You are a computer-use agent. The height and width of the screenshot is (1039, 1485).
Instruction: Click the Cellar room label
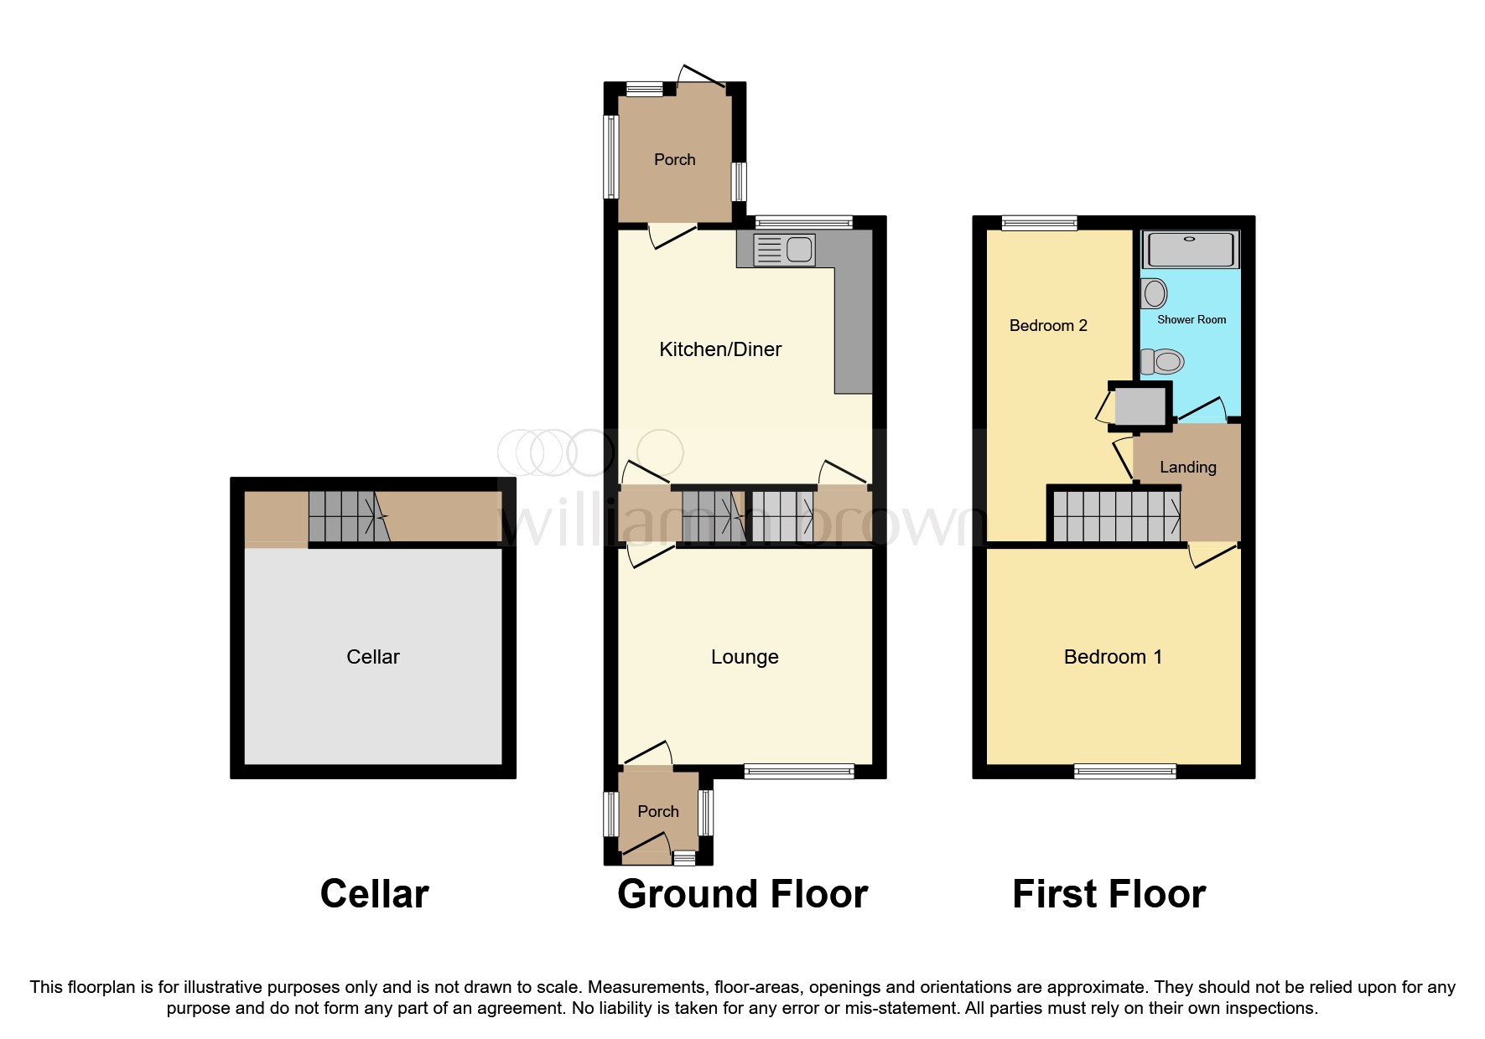click(x=373, y=657)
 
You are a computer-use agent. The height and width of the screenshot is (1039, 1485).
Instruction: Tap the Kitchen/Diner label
click(x=720, y=349)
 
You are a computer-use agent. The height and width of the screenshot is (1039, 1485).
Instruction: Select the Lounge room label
click(x=745, y=657)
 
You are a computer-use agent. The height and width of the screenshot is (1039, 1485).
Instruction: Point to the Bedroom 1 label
click(x=1113, y=657)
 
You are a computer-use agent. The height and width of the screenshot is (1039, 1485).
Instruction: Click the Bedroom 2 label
click(x=1048, y=326)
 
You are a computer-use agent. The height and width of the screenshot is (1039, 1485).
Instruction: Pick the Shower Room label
click(x=1192, y=320)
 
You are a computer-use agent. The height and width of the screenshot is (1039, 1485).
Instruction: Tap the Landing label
click(x=1187, y=468)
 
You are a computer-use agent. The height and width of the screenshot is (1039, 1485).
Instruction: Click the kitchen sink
click(x=785, y=250)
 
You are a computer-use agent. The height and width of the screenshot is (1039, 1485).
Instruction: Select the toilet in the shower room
click(x=1163, y=362)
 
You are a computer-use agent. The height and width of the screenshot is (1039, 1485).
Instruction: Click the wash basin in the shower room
click(x=1155, y=294)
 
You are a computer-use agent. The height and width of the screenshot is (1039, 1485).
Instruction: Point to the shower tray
click(x=1191, y=249)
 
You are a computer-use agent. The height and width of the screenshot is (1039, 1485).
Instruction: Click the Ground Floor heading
click(x=742, y=894)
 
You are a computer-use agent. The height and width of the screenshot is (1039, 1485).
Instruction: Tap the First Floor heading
click(x=1109, y=894)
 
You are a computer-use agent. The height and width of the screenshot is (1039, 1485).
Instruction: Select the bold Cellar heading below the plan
click(x=374, y=894)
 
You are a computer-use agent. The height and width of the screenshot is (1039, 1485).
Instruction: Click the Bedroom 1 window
click(x=1125, y=771)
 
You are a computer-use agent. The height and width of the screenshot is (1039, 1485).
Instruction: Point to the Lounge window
click(x=799, y=771)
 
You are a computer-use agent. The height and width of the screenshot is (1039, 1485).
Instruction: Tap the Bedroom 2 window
click(x=1039, y=223)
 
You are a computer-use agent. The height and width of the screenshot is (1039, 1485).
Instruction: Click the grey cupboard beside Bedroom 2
click(x=1140, y=406)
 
